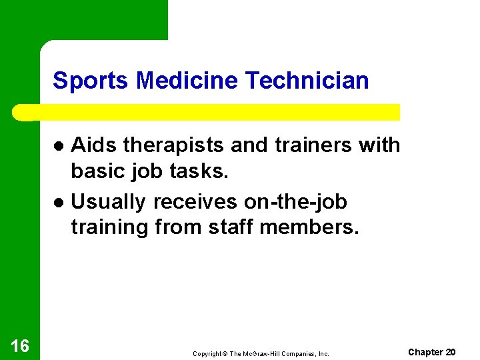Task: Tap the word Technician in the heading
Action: point(307,81)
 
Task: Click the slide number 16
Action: point(20,345)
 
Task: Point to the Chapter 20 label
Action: point(431,352)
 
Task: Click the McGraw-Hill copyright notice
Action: point(261,353)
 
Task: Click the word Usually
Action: point(109,201)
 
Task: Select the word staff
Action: point(231,228)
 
